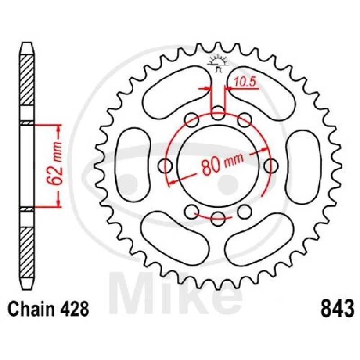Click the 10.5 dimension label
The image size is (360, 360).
click(245, 82)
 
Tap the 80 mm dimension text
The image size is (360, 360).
click(222, 163)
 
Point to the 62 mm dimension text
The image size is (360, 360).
click(55, 163)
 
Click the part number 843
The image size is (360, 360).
click(337, 308)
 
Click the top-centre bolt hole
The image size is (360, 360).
click(218, 113)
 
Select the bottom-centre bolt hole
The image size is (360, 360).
click(218, 219)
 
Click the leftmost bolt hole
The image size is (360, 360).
click(165, 166)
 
